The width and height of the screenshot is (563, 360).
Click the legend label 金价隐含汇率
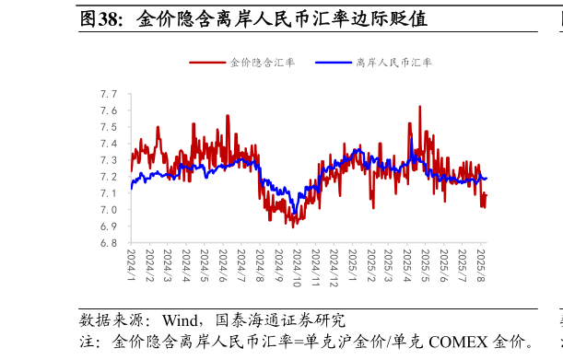point(262,63)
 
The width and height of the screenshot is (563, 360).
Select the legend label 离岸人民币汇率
point(393,63)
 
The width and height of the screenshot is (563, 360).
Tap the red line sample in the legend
point(207,63)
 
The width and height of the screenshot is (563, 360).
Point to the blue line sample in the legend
point(334,63)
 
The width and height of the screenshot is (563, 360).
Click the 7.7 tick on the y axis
point(109,94)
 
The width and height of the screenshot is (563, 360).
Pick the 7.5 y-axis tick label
point(109,127)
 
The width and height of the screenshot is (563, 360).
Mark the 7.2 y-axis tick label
point(109,177)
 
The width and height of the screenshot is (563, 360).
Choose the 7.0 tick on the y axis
point(109,210)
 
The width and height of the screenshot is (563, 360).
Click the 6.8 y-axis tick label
point(109,243)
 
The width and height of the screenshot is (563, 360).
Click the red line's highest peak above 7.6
point(420,107)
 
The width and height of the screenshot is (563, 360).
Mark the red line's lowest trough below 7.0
point(293,226)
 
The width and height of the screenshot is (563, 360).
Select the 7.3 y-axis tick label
point(109,160)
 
